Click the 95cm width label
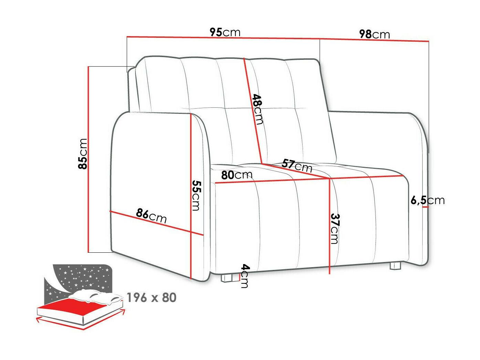pos(225,32)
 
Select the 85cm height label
pos(83,154)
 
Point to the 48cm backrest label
pos(257,109)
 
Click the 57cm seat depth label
pos(297,165)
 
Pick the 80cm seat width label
pos(237,175)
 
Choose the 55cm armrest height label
pos(196,195)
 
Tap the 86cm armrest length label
pos(151,216)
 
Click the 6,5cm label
pos(427,200)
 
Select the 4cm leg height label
pos(244,276)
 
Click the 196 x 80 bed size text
pos(151,297)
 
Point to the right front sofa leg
pos(395,266)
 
